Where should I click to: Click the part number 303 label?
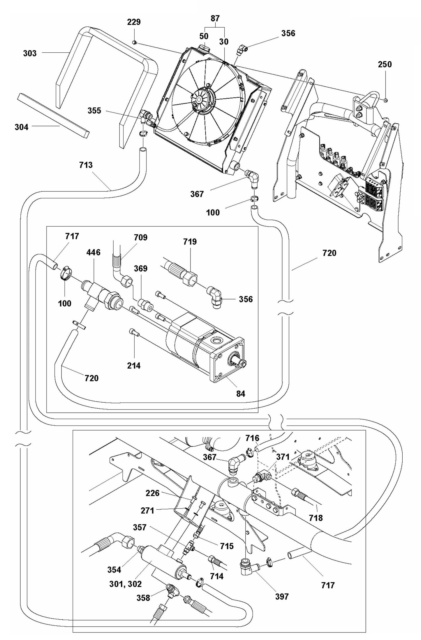30,53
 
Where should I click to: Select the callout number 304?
22,127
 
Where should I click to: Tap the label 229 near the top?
134,22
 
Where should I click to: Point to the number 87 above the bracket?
215,18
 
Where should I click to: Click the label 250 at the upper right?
385,64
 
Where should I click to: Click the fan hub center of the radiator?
199,100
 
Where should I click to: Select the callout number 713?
86,165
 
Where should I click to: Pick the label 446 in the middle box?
93,252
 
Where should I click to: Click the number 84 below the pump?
241,394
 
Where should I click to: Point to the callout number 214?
134,365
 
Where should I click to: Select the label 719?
190,242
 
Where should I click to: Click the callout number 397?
282,596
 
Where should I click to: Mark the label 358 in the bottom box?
143,598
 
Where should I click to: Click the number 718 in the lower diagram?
316,518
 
